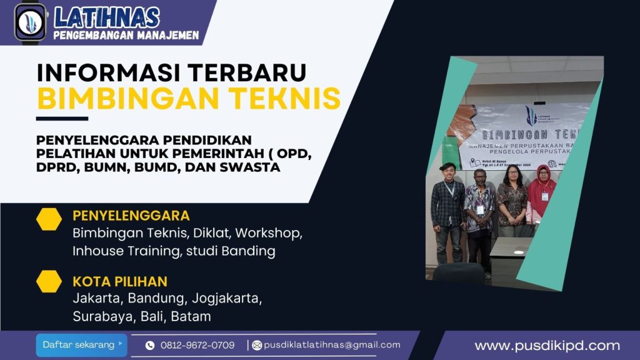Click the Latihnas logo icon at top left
pos(30,22)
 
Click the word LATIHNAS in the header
pos(106,17)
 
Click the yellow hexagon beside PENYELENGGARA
pos(49,219)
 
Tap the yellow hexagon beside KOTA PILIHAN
pos(49,281)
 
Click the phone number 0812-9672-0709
pos(197,345)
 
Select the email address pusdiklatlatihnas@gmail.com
pos(332,345)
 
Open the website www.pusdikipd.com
pos(547,346)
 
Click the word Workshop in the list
pos(271,233)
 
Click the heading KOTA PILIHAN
pos(120,281)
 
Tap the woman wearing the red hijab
pos(541,194)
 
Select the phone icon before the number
pos(150,345)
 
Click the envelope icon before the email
pos(257,345)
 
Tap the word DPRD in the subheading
pos(55,167)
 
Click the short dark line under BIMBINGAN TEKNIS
pos(62,118)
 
